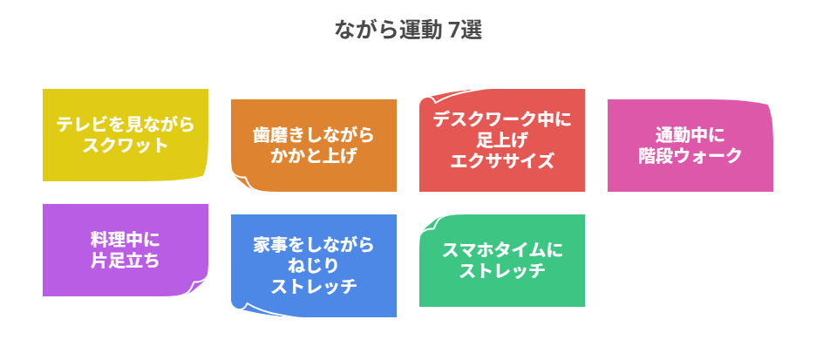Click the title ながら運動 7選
pyautogui.click(x=408, y=30)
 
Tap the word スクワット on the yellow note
pyautogui.click(x=126, y=145)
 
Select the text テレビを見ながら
pyautogui.click(x=126, y=125)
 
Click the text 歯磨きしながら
pyautogui.click(x=314, y=135)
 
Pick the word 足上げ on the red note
pyautogui.click(x=502, y=139)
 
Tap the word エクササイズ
pyautogui.click(x=502, y=160)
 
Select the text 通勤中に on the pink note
pyautogui.click(x=690, y=135)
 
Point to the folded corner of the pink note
pyautogui.click(x=767, y=108)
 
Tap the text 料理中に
pyautogui.click(x=126, y=240)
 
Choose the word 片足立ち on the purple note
pyautogui.click(x=126, y=260)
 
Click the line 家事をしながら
pyautogui.click(x=314, y=245)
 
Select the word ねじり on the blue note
pyautogui.click(x=314, y=265)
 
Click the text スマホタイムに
pyautogui.click(x=502, y=250)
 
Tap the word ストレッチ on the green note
pyautogui.click(x=502, y=270)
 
